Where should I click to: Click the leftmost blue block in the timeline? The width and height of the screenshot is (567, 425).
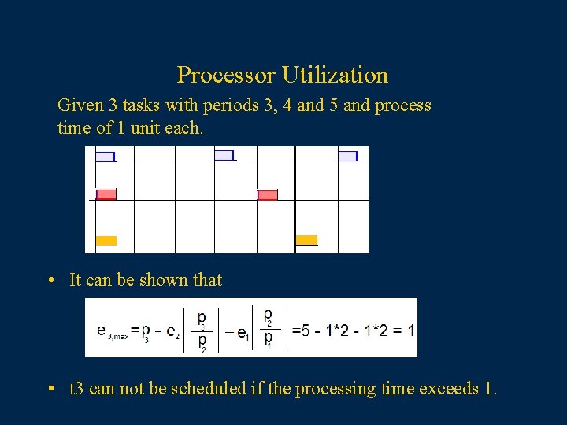105,156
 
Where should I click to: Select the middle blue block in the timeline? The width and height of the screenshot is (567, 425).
224,155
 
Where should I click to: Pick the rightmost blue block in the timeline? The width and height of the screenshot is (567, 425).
347,156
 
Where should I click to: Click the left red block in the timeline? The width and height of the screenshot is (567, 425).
106,194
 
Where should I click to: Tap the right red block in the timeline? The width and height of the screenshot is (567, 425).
268,195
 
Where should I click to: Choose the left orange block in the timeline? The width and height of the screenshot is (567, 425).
106,241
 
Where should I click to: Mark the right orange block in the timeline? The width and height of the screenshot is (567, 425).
306,240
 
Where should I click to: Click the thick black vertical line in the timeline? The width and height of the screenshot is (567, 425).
295,200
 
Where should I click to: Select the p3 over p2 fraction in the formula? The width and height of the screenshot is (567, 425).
202,331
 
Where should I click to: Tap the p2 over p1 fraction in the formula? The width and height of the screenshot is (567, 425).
268,327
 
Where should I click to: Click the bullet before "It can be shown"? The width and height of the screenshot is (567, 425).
50,280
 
